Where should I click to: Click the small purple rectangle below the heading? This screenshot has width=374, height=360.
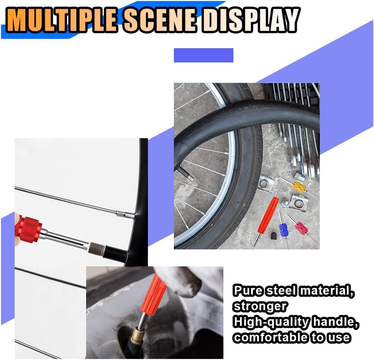coord(203,55)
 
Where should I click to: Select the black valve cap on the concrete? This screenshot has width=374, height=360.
coord(274,235)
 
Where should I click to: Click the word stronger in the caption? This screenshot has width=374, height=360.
coord(260,306)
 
